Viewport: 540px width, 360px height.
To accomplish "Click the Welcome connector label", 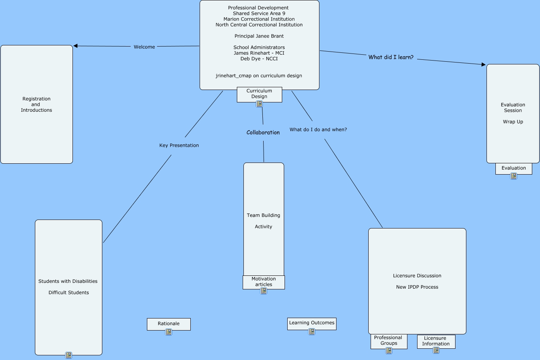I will tap(144, 47).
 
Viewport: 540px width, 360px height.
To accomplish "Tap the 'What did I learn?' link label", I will tap(391, 57).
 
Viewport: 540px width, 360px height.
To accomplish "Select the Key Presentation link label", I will tap(179, 145).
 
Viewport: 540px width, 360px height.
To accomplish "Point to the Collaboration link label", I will tap(263, 133).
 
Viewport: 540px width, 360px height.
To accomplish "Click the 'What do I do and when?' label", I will tap(318, 130).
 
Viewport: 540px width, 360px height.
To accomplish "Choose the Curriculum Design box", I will tap(259, 94).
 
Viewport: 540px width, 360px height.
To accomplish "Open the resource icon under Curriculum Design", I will tap(259, 104).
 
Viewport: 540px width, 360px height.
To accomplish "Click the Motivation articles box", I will tap(264, 282).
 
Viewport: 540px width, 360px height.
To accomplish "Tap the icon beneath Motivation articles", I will tap(264, 291).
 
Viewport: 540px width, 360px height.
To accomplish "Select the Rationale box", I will tap(169, 324).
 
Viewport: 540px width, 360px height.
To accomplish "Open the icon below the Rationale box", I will tap(169, 332).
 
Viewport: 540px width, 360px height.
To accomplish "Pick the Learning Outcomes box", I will tap(312, 323).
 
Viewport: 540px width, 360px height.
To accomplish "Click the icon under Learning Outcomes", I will tap(312, 332).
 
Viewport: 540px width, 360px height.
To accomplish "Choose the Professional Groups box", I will tap(388, 341).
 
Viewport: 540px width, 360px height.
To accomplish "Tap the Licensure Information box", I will tap(436, 341).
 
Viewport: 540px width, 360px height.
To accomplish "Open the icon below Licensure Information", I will tap(436, 350).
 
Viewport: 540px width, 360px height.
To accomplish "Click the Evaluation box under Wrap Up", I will tap(514, 168).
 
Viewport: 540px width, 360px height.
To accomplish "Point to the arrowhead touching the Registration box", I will tap(76, 46).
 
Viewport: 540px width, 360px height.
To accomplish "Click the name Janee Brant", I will tap(270, 36).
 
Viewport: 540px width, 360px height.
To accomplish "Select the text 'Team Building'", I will tap(264, 215).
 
